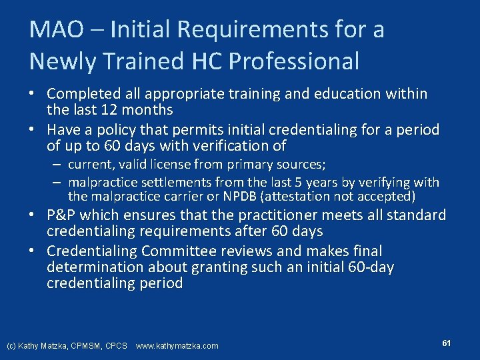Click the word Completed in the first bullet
coord(83,94)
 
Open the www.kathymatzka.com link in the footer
coord(177,346)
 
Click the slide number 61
coord(446,343)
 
